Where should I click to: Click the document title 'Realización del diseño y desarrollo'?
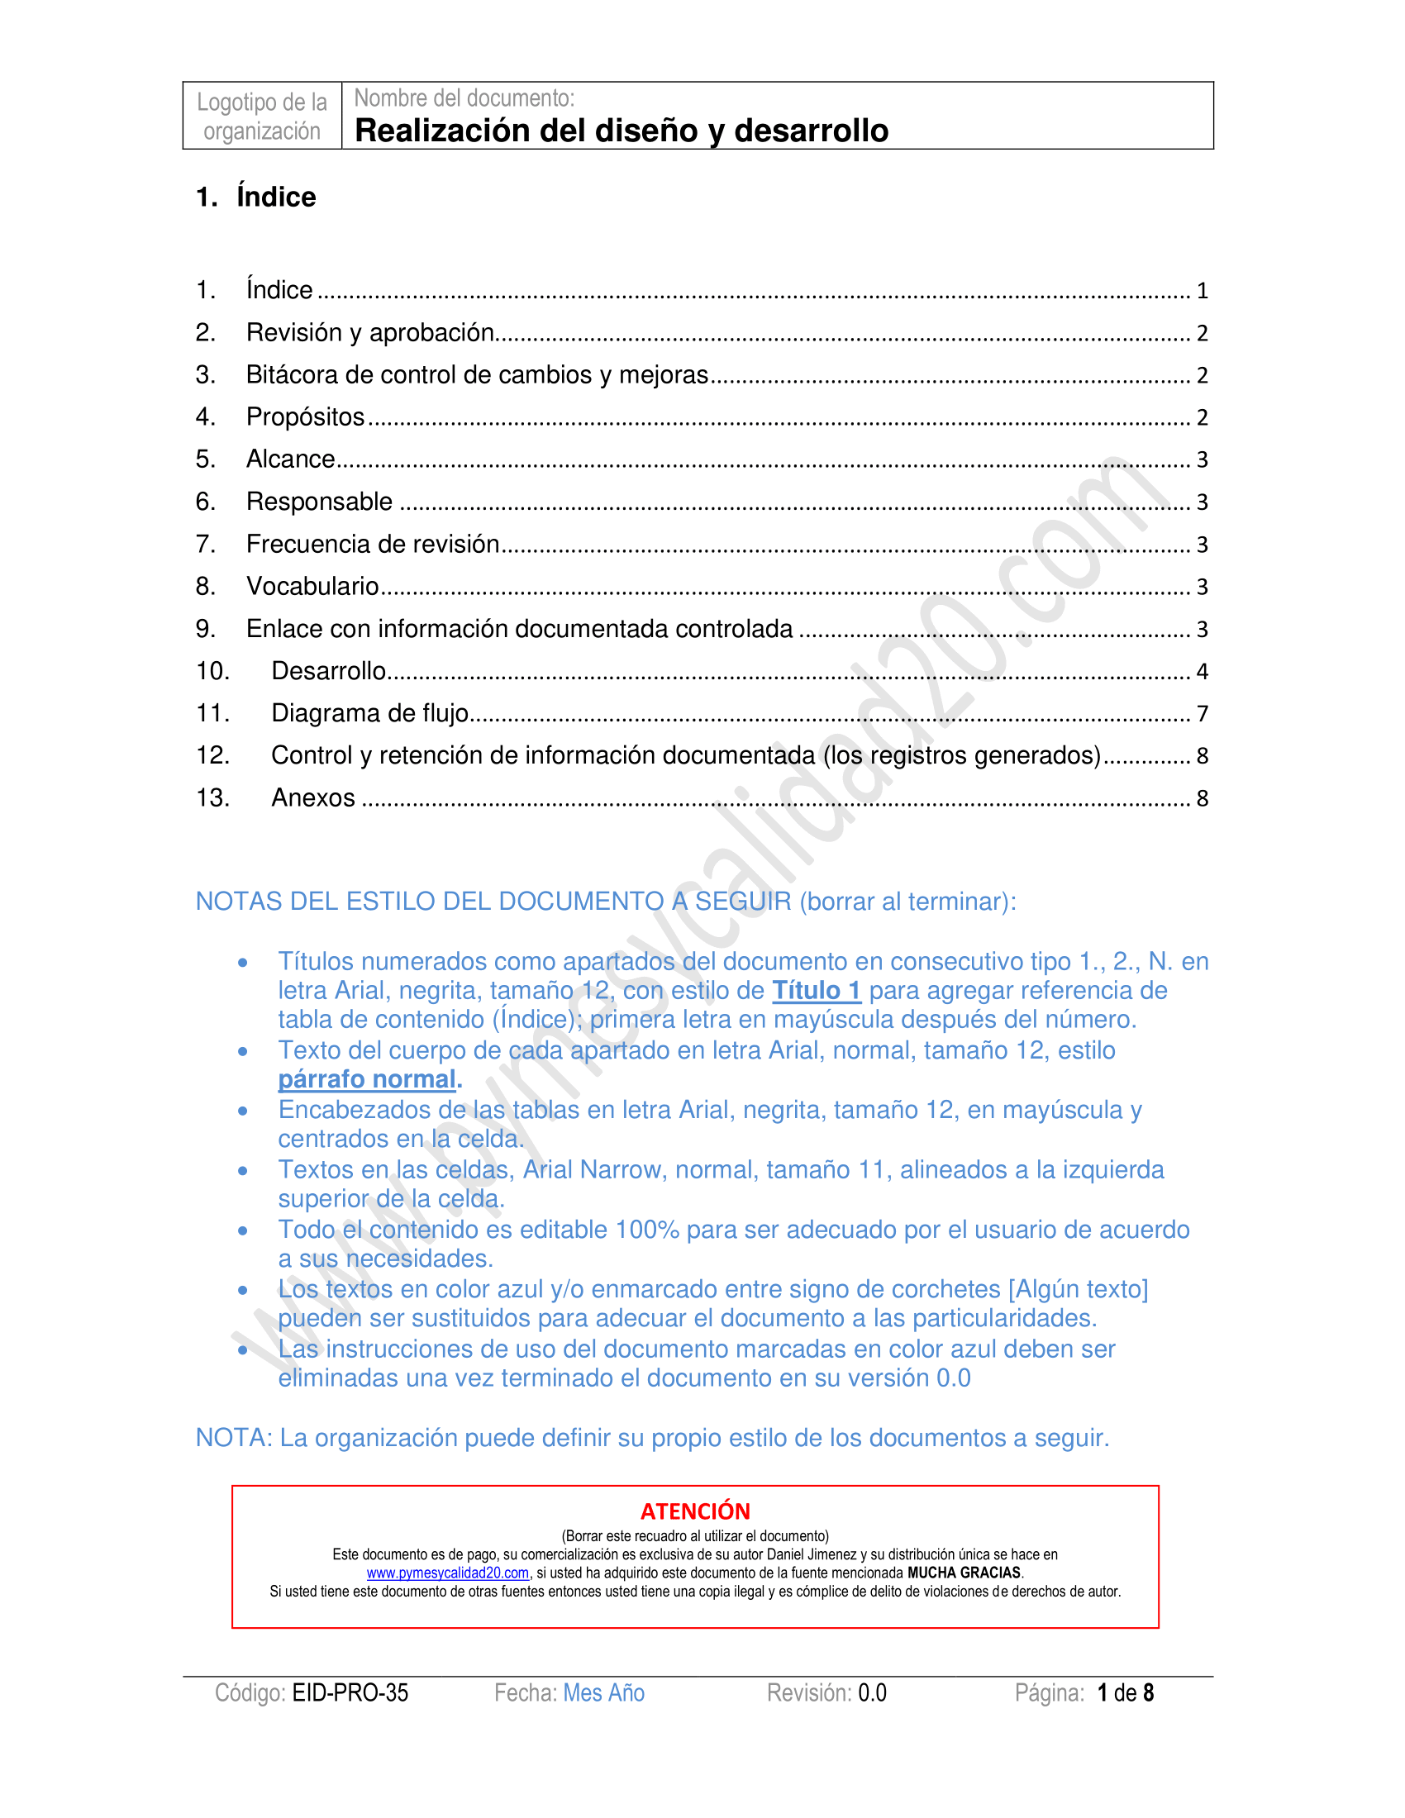coord(621,131)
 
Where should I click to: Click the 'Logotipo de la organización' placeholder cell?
coord(261,117)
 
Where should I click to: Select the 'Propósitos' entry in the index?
coord(306,417)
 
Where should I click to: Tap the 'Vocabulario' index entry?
coord(312,587)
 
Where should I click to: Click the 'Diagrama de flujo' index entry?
coord(369,713)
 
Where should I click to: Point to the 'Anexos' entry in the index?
coord(313,798)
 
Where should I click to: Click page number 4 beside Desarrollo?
coord(1202,672)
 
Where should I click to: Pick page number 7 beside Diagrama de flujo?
coord(1202,714)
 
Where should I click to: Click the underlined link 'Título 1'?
coord(816,991)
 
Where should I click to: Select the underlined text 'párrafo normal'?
coord(367,1080)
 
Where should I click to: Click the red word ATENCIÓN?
coord(695,1511)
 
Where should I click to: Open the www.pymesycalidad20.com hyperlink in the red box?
coord(448,1573)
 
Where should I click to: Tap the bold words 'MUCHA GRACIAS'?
coord(964,1573)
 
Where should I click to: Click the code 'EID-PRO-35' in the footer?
coord(350,1692)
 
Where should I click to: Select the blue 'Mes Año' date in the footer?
coord(603,1692)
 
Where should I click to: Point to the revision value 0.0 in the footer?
coord(872,1692)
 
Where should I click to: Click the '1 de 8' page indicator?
coord(1126,1692)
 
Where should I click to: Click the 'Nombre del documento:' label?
coord(464,98)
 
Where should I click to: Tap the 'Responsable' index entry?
coord(319,502)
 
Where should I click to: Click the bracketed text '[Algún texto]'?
coord(1078,1289)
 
